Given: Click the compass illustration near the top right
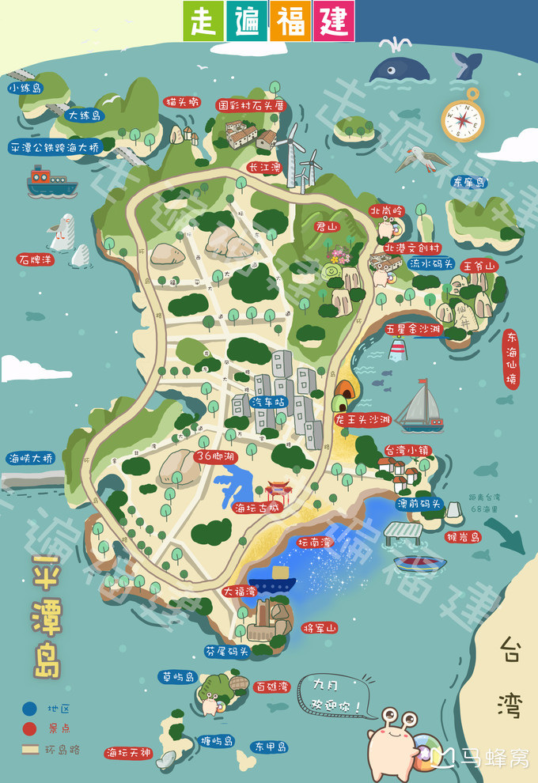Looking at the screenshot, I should [x=461, y=119].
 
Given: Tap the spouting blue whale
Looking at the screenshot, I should [x=399, y=69].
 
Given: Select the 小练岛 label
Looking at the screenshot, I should [x=25, y=89].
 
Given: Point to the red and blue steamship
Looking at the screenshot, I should [x=51, y=182].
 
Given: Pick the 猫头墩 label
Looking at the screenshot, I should [x=182, y=102].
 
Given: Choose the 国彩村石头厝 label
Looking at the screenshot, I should [x=250, y=104].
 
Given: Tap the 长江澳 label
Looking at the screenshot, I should [x=264, y=168].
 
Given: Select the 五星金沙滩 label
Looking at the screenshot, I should [x=413, y=327].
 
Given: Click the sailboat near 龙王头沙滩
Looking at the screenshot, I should [x=420, y=407].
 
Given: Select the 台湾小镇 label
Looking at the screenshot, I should [x=407, y=450].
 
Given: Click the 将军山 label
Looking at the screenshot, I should [x=320, y=627].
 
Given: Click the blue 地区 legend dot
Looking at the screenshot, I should [x=29, y=709].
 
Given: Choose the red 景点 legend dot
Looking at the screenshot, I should [x=29, y=728].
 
